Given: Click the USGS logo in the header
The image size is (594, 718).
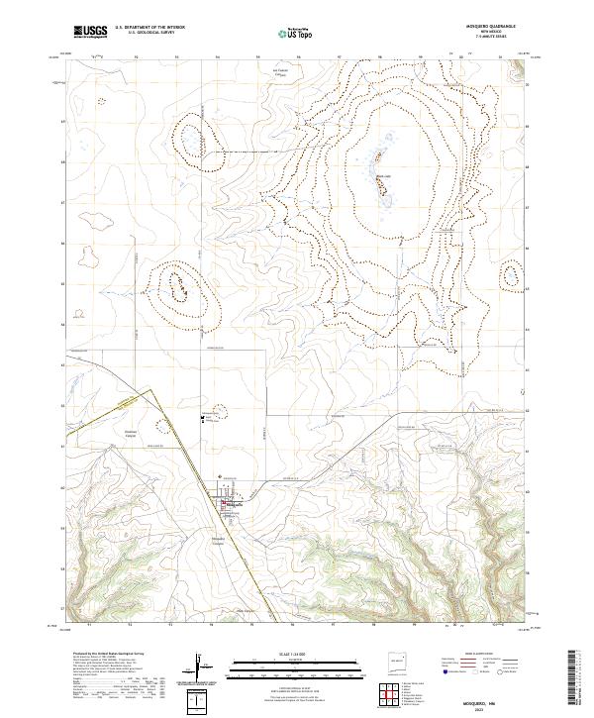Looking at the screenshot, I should [90, 32].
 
